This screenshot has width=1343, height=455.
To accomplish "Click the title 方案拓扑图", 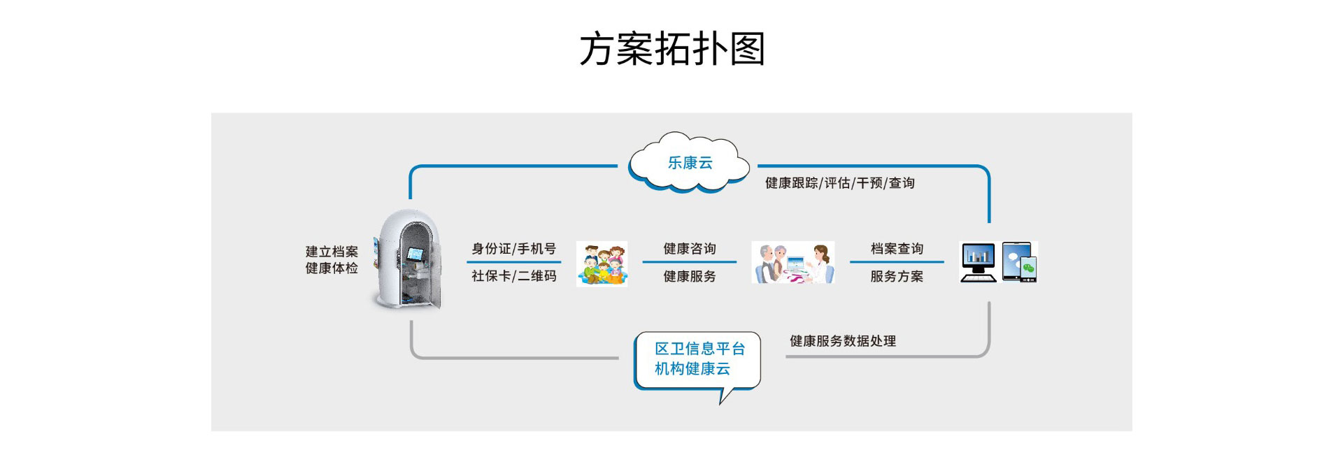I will (671, 49).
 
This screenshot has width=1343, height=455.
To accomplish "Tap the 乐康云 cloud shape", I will (689, 163).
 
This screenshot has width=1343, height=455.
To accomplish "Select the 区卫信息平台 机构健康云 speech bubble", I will (697, 359).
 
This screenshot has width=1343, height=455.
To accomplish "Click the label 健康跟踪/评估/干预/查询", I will (839, 183).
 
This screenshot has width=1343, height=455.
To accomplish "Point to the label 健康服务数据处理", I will (843, 341).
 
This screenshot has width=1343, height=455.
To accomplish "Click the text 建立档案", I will (332, 252).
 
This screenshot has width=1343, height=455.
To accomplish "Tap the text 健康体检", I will (332, 268).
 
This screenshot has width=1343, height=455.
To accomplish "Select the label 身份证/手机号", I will (513, 249).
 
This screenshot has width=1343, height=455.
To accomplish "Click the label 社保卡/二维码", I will (513, 276).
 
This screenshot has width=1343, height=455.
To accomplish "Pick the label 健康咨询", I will (690, 249).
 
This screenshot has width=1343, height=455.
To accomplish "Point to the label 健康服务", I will (690, 277).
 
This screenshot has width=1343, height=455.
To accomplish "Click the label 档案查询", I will (897, 249).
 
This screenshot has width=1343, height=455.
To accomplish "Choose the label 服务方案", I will (897, 277).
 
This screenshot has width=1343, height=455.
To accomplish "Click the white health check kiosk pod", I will (408, 260).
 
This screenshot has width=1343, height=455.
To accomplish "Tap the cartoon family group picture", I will (602, 263).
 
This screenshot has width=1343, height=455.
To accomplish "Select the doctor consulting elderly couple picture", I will (793, 263).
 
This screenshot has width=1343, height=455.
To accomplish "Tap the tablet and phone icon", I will (1019, 262).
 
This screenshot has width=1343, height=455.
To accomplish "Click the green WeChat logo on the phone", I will (1028, 268).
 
